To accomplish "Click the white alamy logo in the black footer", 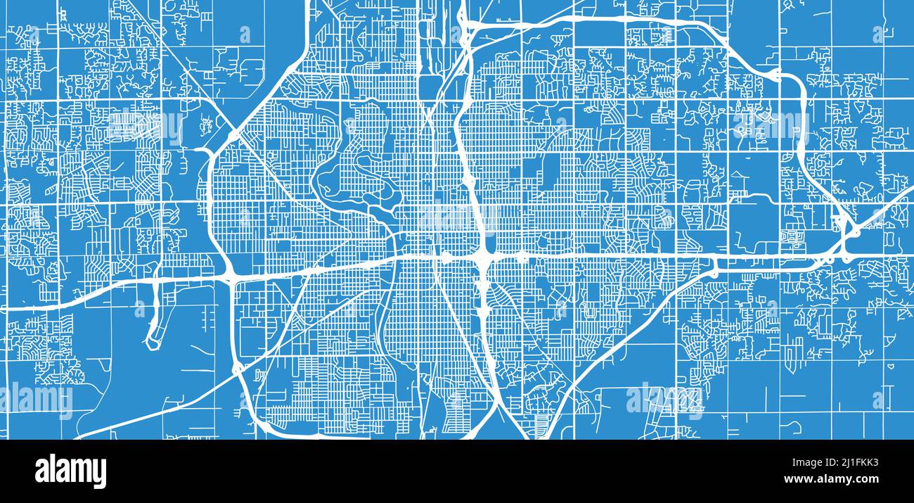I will tap(70, 471).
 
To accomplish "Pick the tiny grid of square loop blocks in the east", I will tap(793, 237).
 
